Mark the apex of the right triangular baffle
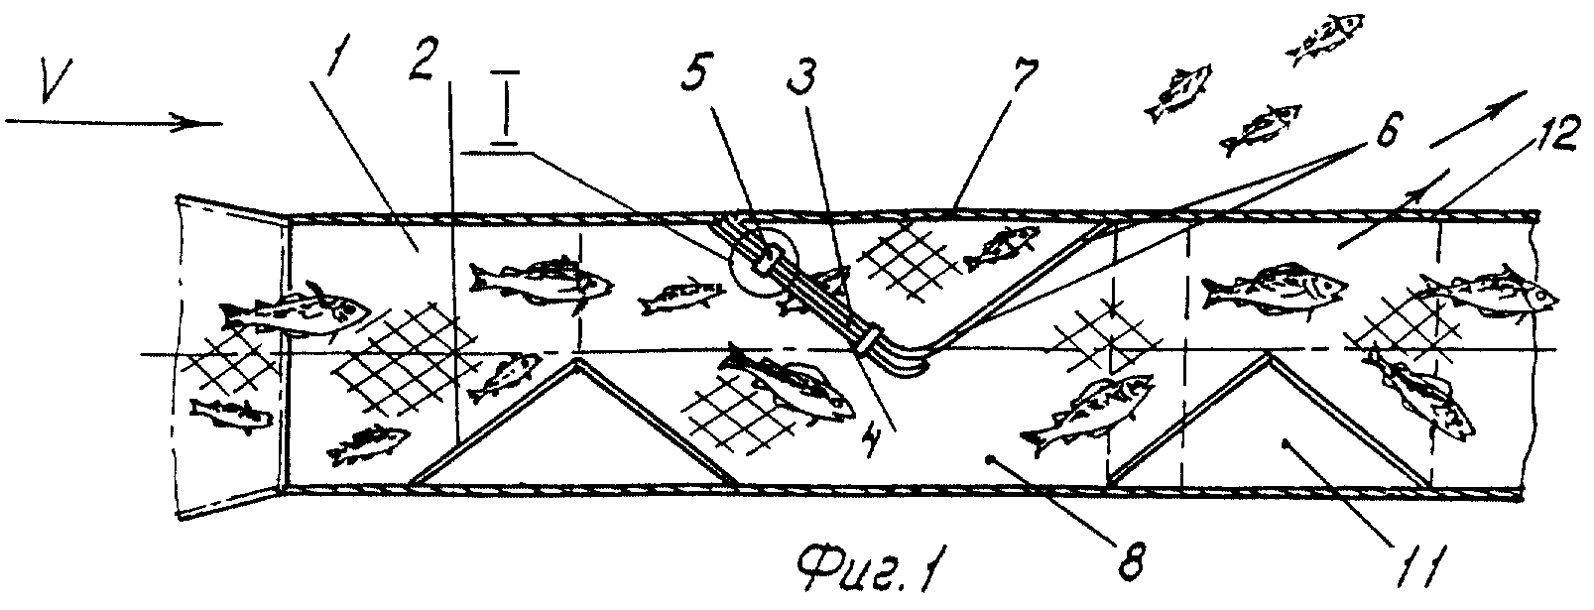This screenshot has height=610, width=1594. pyautogui.click(x=1268, y=357)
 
